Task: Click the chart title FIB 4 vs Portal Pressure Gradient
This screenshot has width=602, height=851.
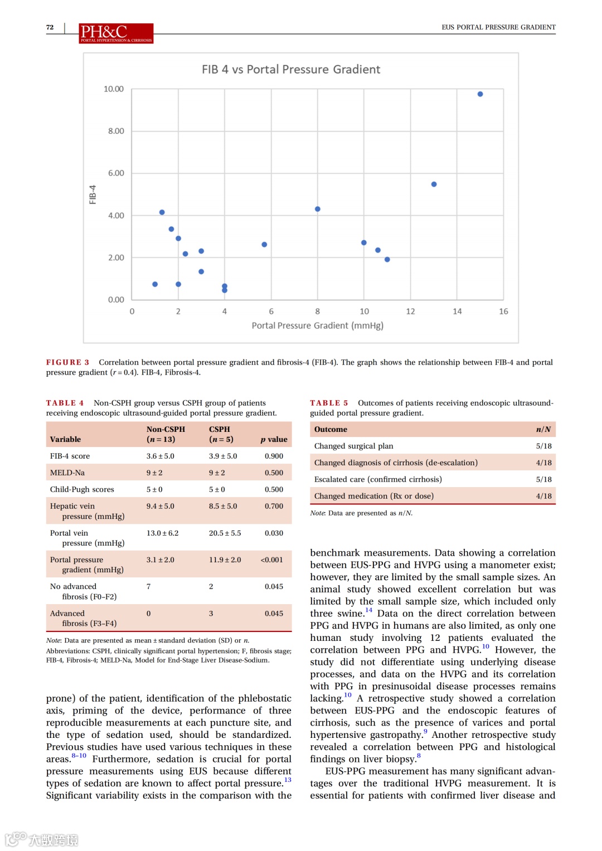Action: (290, 70)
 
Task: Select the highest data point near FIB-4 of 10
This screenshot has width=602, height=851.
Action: (480, 94)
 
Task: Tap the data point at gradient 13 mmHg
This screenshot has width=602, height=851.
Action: (434, 184)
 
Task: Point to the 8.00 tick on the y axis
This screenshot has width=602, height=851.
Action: (116, 131)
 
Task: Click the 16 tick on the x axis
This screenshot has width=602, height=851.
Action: (503, 312)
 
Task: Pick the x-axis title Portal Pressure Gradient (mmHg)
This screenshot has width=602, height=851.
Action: (317, 325)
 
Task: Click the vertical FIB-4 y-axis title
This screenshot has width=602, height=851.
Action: (93, 194)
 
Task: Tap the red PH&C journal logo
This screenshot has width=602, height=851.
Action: (116, 33)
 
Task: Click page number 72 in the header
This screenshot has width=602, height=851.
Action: (50, 27)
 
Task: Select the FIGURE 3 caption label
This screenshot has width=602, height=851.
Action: (67, 362)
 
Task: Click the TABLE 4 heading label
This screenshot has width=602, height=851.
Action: (65, 403)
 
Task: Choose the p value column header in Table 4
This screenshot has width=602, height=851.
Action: (274, 439)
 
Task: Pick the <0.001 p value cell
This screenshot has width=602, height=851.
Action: (271, 560)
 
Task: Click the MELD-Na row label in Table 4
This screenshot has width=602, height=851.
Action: (67, 473)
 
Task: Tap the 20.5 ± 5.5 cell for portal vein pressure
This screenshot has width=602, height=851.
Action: (225, 533)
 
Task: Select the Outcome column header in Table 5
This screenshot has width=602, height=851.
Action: (331, 429)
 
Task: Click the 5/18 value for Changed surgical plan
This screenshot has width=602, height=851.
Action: (543, 446)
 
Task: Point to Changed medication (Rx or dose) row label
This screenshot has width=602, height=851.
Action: (373, 496)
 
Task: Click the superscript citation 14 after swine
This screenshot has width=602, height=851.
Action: (368, 610)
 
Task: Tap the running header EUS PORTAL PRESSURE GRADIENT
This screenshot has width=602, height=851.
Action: (498, 27)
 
